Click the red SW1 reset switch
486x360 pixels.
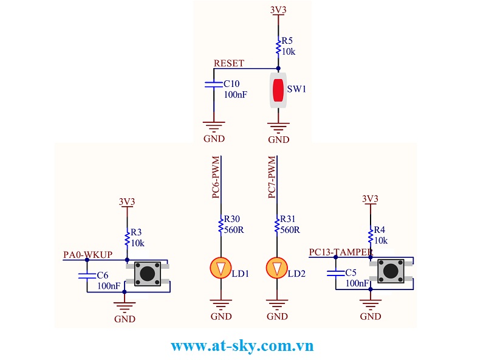coord(278,90)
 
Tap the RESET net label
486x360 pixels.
coord(229,63)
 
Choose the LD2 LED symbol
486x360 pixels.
coord(277,268)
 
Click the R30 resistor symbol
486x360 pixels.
coord(221,226)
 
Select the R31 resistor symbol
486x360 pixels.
coord(277,226)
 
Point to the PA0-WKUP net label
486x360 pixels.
coord(88,254)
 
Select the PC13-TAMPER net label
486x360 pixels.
coord(340,252)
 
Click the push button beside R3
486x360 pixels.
coord(147,273)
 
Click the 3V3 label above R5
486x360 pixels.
coord(278,10)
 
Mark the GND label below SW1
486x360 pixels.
coord(278,139)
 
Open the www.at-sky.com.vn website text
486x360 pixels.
coord(242,346)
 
